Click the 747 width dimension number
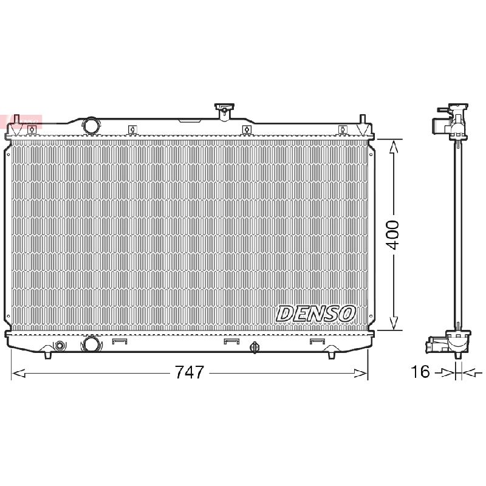point(190,372)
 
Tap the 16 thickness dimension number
point(420,371)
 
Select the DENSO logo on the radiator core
point(315,313)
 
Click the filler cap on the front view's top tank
point(224,111)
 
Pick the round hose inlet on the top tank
point(92,125)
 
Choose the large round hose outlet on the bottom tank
point(91,344)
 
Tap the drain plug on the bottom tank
point(254,347)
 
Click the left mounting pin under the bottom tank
point(48,355)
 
